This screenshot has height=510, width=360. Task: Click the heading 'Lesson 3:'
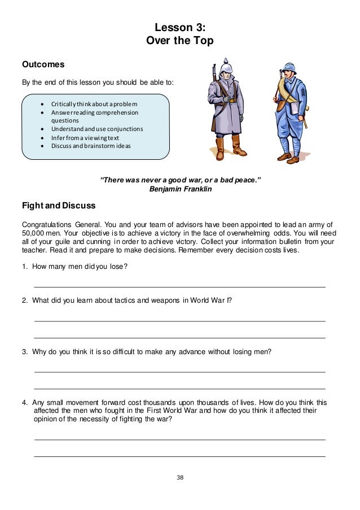click(179, 27)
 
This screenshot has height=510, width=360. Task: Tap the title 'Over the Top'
click(179, 41)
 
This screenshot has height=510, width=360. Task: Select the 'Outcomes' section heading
click(43, 64)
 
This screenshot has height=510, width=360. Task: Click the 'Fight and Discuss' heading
click(58, 205)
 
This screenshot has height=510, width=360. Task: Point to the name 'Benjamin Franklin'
click(179, 189)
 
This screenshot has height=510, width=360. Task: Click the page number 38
click(180, 477)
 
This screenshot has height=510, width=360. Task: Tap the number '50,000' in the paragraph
click(33, 233)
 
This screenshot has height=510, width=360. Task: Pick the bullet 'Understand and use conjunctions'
click(96, 129)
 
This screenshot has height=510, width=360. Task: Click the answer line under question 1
click(179, 287)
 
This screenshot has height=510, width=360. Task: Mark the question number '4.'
click(25, 402)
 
